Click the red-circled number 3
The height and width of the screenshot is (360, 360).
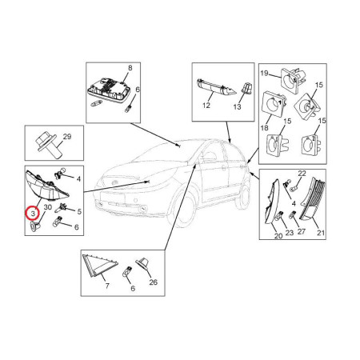(x=33, y=214)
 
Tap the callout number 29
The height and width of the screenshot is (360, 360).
(x=67, y=137)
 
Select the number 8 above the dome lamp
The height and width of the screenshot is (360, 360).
(x=130, y=68)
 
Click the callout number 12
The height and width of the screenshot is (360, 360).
(x=206, y=106)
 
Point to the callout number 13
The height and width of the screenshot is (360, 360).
(x=237, y=107)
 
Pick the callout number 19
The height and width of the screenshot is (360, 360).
(x=264, y=73)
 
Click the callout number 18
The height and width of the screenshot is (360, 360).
(x=264, y=128)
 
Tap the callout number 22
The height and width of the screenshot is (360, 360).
(x=302, y=174)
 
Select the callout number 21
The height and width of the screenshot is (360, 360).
(x=321, y=233)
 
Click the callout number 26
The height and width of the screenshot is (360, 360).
(x=153, y=282)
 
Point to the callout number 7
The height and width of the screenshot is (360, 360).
(x=107, y=286)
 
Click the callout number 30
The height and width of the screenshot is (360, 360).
(x=48, y=207)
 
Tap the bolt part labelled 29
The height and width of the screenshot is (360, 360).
(x=47, y=146)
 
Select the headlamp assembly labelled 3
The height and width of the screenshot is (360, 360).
(x=46, y=186)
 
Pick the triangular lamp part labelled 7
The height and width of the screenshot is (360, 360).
(x=98, y=265)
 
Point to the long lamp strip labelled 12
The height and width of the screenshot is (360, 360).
(x=216, y=87)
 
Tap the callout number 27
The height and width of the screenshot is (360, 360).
(x=301, y=231)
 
